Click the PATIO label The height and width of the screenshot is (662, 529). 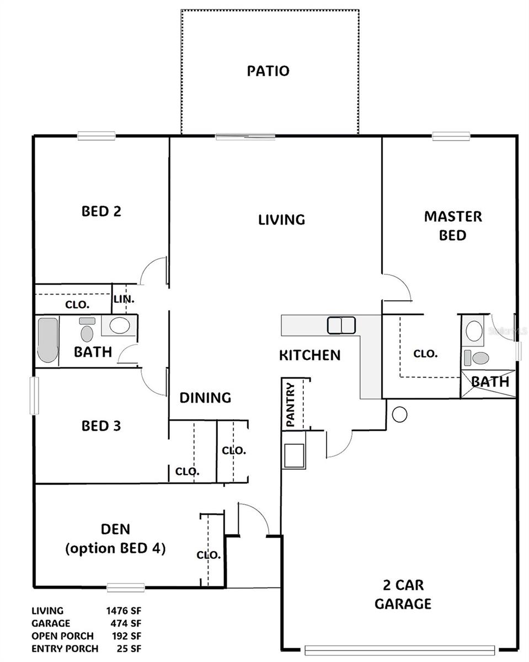click(268, 71)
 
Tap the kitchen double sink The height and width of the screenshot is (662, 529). click(341, 325)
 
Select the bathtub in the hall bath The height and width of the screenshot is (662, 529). click(47, 340)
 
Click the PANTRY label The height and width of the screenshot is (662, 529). click(291, 405)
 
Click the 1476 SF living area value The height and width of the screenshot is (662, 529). click(124, 611)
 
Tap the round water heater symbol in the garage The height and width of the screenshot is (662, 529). click(399, 414)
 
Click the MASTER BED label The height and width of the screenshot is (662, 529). click(452, 226)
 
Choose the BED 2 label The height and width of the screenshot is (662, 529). click(101, 211)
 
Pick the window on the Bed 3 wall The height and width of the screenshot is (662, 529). click(34, 395)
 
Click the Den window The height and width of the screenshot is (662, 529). click(126, 587)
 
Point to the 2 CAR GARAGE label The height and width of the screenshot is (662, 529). click(403, 594)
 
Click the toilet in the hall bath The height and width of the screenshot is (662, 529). click(87, 333)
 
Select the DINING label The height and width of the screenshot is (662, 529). click(205, 397)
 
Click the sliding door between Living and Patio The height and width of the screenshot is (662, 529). click(245, 136)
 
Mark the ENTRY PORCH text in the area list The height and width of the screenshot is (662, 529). click(65, 648)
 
